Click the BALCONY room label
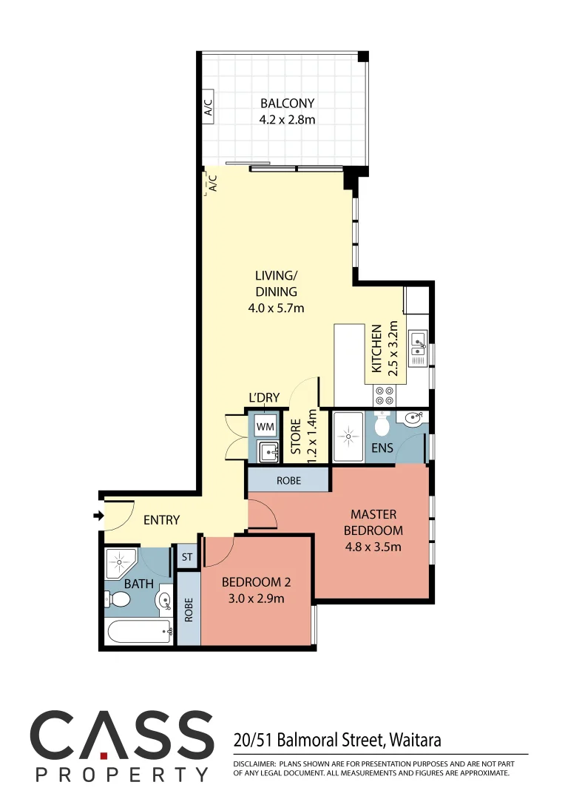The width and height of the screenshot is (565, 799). pos(287,104)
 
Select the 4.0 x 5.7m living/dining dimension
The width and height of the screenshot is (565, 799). pos(276,308)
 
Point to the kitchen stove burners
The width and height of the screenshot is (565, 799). pos(385,393)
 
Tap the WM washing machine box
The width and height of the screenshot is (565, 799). pos(265,427)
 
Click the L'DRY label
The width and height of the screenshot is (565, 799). pos(264,398)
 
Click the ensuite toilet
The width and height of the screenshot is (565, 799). pos(382,425)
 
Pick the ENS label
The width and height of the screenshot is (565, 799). pos(382,448)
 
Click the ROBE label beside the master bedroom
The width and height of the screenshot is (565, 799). pos(288,480)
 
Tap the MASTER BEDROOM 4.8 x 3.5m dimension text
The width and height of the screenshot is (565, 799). pos(373,547)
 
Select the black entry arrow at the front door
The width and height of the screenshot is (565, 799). pos(98,516)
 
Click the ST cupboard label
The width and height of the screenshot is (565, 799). pos(187,556)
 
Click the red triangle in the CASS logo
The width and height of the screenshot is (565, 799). pos(104,755)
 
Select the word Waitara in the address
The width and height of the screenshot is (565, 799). pos(416,739)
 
